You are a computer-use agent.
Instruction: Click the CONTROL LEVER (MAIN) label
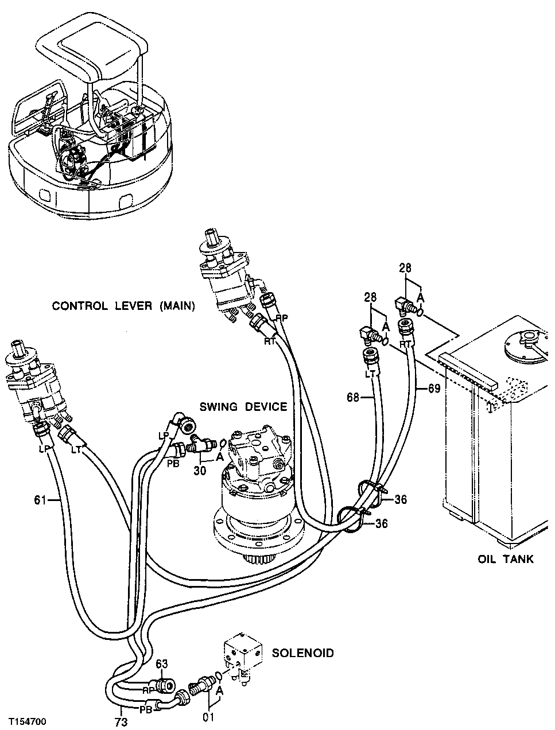(x=123, y=306)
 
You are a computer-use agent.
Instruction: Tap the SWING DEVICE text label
(x=243, y=407)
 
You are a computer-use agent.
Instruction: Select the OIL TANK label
(x=505, y=558)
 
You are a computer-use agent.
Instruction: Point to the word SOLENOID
(x=302, y=653)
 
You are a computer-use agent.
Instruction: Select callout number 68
(x=354, y=397)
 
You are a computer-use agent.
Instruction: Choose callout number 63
(x=162, y=665)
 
